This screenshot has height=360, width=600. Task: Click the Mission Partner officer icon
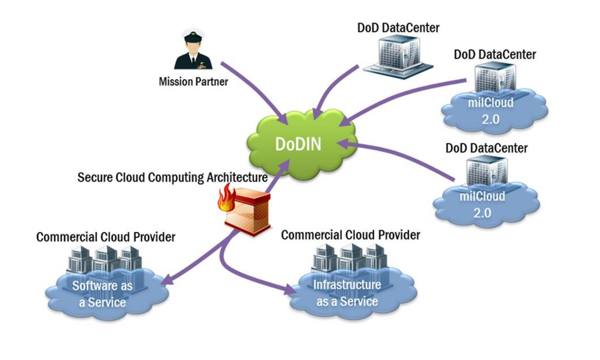coord(193,53)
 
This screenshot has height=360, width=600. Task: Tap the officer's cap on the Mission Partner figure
coord(194,36)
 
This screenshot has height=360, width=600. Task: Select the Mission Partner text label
coord(193,81)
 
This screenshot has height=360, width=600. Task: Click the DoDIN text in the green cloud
coord(298,144)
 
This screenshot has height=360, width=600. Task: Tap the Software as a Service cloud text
coord(102,294)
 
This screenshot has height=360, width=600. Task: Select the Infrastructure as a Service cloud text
coord(347,293)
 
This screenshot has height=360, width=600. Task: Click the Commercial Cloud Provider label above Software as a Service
coord(106,237)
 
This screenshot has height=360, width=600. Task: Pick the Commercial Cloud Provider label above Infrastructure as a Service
coord(350,235)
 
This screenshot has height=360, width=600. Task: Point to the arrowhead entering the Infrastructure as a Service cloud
coord(291,290)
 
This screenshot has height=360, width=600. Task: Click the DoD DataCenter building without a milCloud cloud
coord(398,57)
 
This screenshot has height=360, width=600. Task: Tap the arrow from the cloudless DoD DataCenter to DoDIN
coord(333,91)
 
